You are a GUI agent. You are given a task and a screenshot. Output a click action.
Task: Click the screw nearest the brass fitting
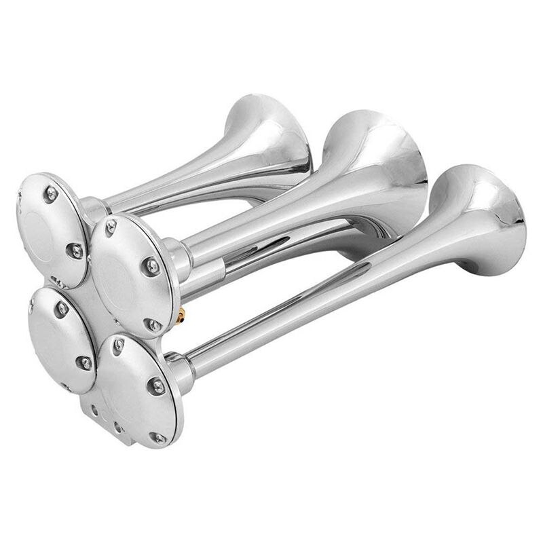click(155, 325)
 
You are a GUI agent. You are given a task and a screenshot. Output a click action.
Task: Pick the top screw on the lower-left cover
click(62, 309)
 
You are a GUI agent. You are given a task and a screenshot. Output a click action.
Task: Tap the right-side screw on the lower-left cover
click(85, 362)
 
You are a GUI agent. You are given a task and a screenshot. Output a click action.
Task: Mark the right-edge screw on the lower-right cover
click(157, 386)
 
